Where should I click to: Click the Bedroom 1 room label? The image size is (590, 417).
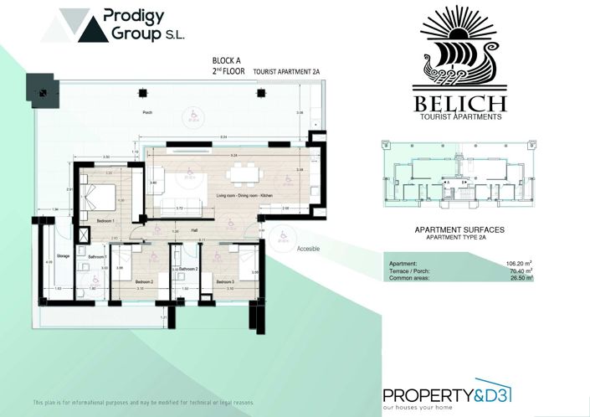tap(105, 220)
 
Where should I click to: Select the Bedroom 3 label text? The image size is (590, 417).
tap(224, 282)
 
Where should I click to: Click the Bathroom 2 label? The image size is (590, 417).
tap(187, 269)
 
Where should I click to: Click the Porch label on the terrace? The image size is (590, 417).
tap(147, 111)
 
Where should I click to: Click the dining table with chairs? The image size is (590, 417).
tap(245, 173)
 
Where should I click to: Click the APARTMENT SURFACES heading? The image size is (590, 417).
tap(459, 229)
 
